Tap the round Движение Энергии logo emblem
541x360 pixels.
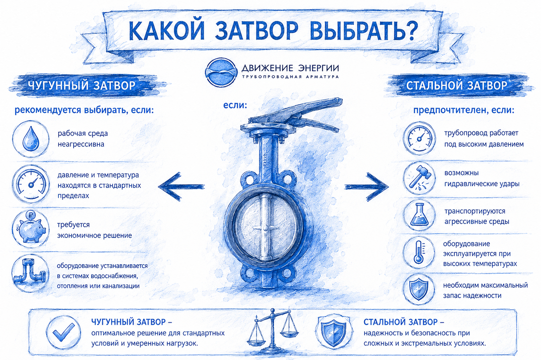[x=220, y=72]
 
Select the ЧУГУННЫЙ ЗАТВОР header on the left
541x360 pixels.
[x=82, y=86]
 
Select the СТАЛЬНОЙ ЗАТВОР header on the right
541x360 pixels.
[x=457, y=86]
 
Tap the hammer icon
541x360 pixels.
[x=419, y=178]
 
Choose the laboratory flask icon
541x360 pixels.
[x=419, y=215]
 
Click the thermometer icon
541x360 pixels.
[x=419, y=252]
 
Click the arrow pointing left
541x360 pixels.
[x=181, y=187]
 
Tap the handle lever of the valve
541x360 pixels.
[x=297, y=113]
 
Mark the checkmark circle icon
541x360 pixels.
[x=63, y=332]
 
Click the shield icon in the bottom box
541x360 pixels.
[x=334, y=332]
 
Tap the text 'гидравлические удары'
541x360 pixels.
[x=482, y=184]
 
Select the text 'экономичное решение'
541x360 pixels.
[x=94, y=235]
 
